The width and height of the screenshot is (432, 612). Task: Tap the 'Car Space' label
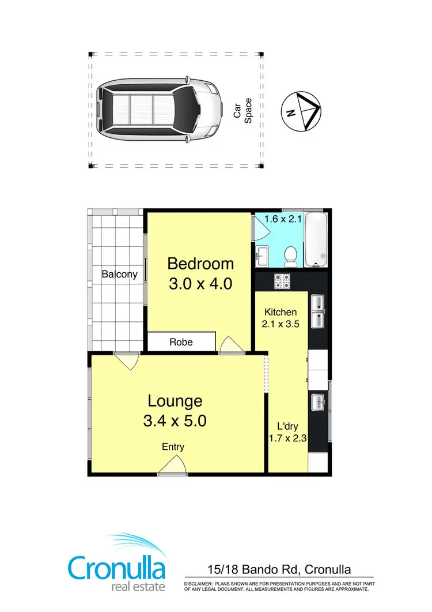243,110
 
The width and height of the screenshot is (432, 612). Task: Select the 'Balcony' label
119,274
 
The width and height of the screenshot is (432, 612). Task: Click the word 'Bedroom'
200,264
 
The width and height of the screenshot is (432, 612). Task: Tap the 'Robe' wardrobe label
181,342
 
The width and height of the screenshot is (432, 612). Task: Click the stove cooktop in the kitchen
282,281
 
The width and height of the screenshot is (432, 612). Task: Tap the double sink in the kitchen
318,312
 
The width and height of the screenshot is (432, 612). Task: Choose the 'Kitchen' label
281,312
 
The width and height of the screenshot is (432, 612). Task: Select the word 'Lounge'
175,400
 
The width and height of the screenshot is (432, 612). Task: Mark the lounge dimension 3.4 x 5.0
175,420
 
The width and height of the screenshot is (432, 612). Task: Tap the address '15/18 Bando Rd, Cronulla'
279,570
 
